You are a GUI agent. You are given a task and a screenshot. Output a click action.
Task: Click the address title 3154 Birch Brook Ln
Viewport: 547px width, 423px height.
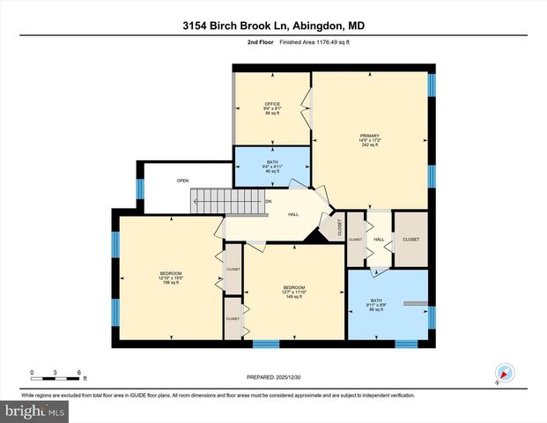(272, 26)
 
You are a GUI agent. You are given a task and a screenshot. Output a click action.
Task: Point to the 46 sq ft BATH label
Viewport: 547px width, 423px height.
(272, 167)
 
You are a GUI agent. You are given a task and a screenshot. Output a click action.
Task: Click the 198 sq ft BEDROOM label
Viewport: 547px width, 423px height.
(171, 278)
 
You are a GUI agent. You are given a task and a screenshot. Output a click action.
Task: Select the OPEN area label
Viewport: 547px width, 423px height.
(182, 181)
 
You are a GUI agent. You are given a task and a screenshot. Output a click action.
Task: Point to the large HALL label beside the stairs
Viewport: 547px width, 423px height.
(293, 214)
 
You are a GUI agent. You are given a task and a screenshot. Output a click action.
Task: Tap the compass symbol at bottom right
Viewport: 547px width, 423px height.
(504, 374)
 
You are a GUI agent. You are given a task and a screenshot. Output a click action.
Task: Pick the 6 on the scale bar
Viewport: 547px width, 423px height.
(79, 371)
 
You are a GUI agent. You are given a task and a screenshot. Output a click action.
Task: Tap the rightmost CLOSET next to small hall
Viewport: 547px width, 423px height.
(410, 239)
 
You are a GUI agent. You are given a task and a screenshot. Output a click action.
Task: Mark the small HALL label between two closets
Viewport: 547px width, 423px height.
(379, 239)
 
